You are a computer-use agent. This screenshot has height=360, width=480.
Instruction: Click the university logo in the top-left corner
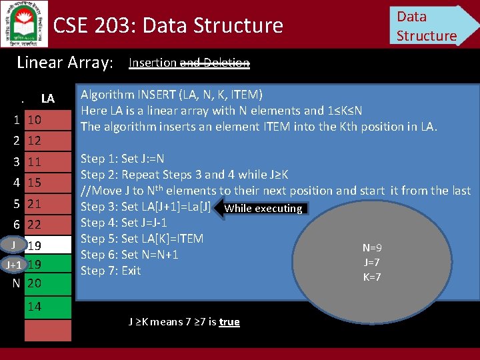(24, 24)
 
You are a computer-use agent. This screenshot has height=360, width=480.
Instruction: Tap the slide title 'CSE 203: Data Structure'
(168, 25)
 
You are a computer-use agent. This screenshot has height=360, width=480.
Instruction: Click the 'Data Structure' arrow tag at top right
(430, 25)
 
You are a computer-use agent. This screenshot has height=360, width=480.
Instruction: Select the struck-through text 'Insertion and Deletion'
(189, 63)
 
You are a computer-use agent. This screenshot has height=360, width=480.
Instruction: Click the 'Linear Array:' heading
(65, 63)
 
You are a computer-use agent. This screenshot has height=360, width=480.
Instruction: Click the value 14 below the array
(35, 307)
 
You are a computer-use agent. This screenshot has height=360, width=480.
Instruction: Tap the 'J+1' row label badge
(13, 265)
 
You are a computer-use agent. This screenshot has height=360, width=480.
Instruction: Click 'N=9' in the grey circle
(372, 247)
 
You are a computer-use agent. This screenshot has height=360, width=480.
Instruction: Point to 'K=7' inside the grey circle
(372, 277)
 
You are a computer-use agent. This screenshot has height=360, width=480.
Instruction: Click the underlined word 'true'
(229, 322)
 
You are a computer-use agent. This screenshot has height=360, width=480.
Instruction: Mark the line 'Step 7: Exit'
(111, 271)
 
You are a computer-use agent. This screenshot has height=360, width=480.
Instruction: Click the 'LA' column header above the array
(47, 99)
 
